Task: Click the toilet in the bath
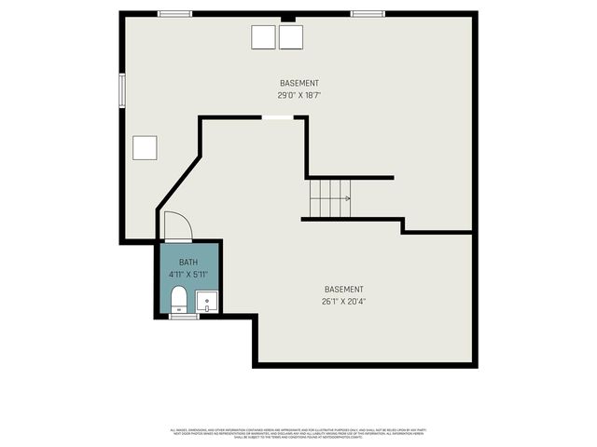[178, 299]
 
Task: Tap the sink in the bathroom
[207, 302]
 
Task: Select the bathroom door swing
[177, 226]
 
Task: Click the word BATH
[188, 263]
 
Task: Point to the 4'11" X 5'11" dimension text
[188, 275]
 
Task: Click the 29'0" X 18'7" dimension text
[298, 95]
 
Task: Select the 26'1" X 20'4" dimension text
[343, 301]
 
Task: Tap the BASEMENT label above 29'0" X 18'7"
[298, 83]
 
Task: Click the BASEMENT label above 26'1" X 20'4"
[343, 289]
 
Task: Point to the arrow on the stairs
[346, 198]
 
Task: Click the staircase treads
[329, 198]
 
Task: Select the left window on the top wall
[174, 14]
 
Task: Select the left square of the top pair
[263, 36]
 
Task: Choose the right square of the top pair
[292, 36]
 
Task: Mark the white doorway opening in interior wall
[277, 117]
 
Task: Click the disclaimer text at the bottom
[298, 433]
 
